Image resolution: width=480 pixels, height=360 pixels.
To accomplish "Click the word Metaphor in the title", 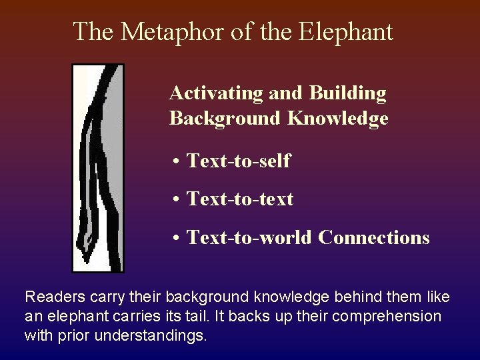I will click(x=155, y=31).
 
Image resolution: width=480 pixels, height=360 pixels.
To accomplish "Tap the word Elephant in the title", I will click(x=347, y=31).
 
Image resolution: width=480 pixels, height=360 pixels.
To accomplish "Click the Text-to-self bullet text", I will click(x=239, y=161).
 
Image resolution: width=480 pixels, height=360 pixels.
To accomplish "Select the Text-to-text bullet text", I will click(x=240, y=199).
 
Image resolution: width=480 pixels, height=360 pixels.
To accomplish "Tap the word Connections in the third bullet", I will click(x=374, y=237).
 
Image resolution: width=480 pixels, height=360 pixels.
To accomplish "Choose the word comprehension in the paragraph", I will click(x=387, y=316).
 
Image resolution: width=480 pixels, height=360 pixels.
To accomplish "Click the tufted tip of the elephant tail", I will click(x=87, y=243).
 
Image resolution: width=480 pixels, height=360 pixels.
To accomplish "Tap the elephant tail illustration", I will click(x=98, y=167).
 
